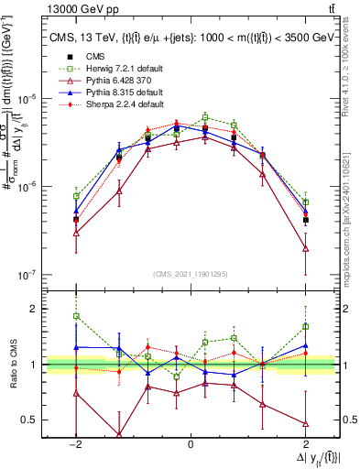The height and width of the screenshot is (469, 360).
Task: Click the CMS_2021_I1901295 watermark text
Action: coord(191,274)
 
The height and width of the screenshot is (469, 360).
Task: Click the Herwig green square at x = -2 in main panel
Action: coord(76,196)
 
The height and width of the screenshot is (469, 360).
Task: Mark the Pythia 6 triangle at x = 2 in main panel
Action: coord(305,248)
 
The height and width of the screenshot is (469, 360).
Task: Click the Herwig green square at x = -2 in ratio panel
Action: coord(76,316)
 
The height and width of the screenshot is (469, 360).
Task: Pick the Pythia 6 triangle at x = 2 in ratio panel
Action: coord(305,423)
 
